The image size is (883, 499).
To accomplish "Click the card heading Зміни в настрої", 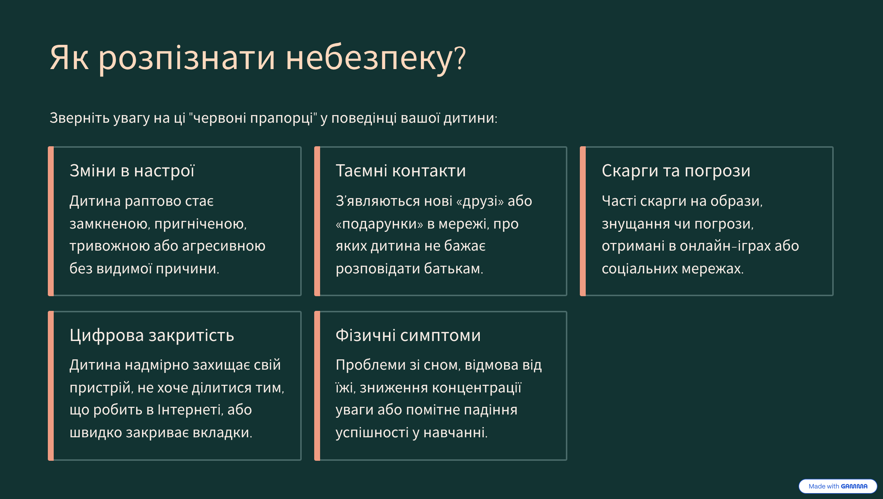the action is coord(132,171).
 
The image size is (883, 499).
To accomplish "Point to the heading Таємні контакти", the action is coord(401,171).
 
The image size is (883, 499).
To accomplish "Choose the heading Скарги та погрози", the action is coord(676,171).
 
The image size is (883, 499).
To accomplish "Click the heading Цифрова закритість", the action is coord(152,335).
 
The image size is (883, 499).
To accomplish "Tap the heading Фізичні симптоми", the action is coord(408,335).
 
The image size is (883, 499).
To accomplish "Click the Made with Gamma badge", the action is coord(838,486).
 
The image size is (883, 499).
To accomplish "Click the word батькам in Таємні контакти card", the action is coord(453,269).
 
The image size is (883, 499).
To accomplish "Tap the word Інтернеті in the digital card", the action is coord(190,410).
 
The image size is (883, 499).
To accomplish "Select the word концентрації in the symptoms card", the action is coord(476,388).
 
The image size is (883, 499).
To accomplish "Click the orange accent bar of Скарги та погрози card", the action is coord(583,221).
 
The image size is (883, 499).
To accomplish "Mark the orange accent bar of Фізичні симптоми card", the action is coord(317,386).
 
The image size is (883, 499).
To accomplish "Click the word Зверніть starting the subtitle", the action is coord(79,118).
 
